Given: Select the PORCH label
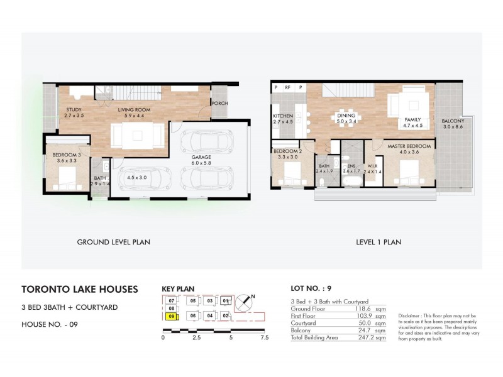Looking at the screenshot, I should tap(220, 103).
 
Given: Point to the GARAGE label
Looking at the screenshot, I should tap(201, 157).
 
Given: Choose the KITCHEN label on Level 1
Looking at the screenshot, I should tap(284, 116).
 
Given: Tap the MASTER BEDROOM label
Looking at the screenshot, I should tap(409, 146).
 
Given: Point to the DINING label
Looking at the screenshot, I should tap(346, 116).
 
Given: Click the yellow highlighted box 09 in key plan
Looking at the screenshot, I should tap(171, 317).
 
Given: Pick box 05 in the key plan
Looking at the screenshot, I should tap(192, 301).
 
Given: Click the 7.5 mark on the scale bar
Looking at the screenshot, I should tap(264, 337).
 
